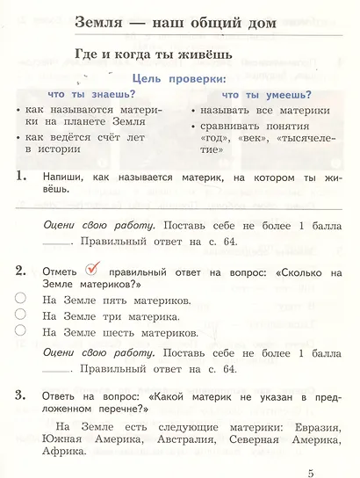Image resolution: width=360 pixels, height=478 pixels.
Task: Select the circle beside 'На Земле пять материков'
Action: pos(20,299)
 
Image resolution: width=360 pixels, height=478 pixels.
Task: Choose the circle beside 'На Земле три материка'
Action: pos(20,315)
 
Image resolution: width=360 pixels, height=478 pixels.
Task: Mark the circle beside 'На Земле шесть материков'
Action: pos(20,331)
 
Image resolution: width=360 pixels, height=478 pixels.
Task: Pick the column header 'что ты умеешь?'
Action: pos(260,93)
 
